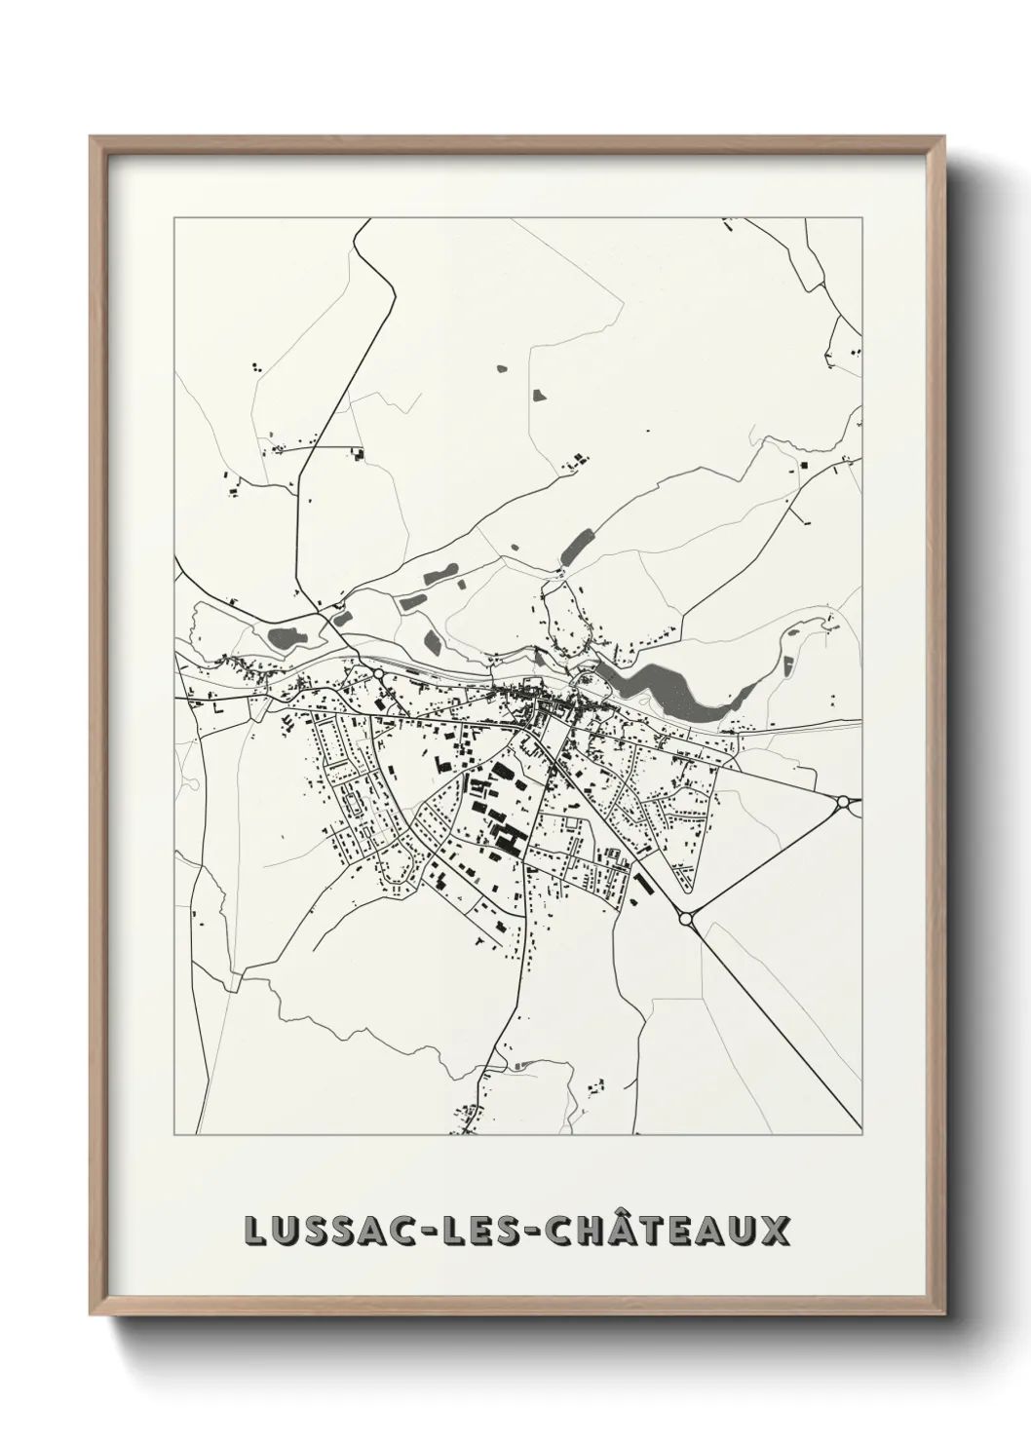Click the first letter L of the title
[x=256, y=1231]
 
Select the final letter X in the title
[x=775, y=1231]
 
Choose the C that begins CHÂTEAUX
[x=550, y=1231]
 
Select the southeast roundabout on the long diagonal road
[x=685, y=918]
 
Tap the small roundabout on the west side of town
[x=377, y=673]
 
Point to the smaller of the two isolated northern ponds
[x=502, y=369]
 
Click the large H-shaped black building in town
[x=508, y=835]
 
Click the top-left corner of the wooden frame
[x=91, y=137]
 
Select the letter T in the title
[x=642, y=1231]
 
